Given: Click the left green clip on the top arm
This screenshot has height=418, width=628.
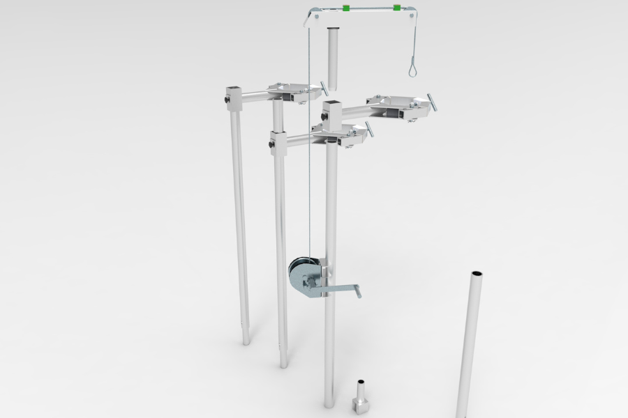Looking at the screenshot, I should pyautogui.click(x=345, y=8).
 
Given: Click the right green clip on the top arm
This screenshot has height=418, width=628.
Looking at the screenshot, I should pyautogui.click(x=397, y=8).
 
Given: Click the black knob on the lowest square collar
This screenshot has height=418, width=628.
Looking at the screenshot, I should pyautogui.click(x=271, y=145).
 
